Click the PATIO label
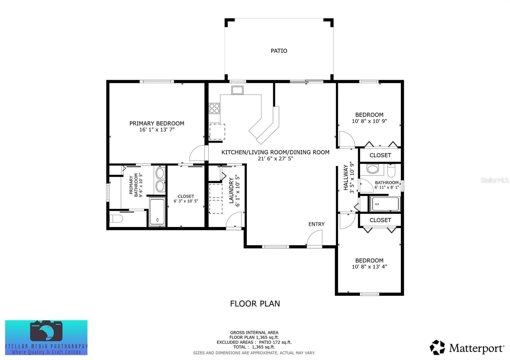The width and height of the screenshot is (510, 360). pyautogui.click(x=279, y=51)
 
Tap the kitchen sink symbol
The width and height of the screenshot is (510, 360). pyautogui.click(x=237, y=90)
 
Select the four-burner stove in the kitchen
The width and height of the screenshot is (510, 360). pyautogui.click(x=214, y=108)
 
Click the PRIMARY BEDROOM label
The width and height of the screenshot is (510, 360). pyautogui.click(x=157, y=123)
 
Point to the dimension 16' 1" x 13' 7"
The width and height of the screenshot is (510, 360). pyautogui.click(x=157, y=129)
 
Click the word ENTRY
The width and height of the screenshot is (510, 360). pyautogui.click(x=316, y=224)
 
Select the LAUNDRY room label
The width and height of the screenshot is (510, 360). pyautogui.click(x=231, y=191)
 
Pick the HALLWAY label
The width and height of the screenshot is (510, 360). pyautogui.click(x=346, y=177)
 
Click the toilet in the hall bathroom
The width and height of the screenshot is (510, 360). pyautogui.click(x=391, y=170)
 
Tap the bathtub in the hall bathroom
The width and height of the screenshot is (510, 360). pyautogui.click(x=385, y=204)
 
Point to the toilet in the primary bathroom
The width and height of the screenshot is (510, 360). pyautogui.click(x=116, y=219)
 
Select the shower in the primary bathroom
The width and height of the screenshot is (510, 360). pyautogui.click(x=157, y=212)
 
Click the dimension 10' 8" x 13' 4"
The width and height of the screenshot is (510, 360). pyautogui.click(x=369, y=266)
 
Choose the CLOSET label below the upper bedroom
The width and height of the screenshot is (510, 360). pyautogui.click(x=380, y=155)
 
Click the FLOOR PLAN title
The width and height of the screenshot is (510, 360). pyautogui.click(x=255, y=304)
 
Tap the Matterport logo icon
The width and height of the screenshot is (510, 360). pyautogui.click(x=437, y=347)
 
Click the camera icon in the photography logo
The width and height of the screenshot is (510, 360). pyautogui.click(x=46, y=331)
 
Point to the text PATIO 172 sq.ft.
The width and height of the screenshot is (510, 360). pyautogui.click(x=275, y=342)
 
